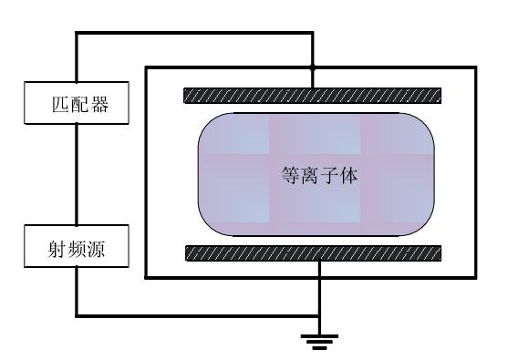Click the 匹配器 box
76,105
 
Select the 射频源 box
76,249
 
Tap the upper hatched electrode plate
313,95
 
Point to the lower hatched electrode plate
313,253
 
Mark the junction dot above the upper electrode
313,67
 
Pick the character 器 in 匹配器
98,105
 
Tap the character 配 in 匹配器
76,105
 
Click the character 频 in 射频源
76,249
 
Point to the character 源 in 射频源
98,249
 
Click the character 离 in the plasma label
308,176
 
